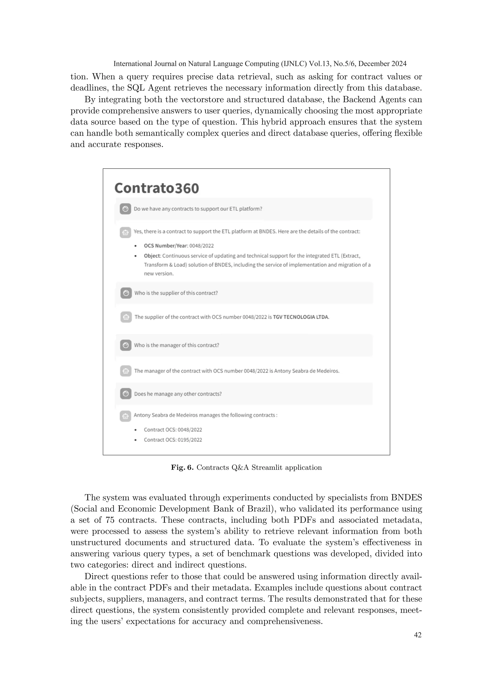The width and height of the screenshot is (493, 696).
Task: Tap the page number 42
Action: coord(418,635)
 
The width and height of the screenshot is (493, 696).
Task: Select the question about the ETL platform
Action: coord(198,209)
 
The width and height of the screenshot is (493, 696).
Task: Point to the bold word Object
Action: coord(152,256)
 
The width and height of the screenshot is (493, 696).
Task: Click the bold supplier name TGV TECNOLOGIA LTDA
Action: coord(301,317)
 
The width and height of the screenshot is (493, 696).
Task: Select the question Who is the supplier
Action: coord(176,293)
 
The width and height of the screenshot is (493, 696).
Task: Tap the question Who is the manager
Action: coord(177,345)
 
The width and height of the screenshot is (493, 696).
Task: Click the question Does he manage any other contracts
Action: coord(178,394)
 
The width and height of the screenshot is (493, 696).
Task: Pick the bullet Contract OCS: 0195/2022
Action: coord(173,440)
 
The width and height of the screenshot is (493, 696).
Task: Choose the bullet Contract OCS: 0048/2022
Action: coord(173,430)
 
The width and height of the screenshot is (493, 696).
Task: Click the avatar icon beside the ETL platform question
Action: coord(125,209)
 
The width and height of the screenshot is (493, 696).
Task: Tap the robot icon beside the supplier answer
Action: coord(126,317)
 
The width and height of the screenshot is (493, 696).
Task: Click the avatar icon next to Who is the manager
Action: coord(126,345)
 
